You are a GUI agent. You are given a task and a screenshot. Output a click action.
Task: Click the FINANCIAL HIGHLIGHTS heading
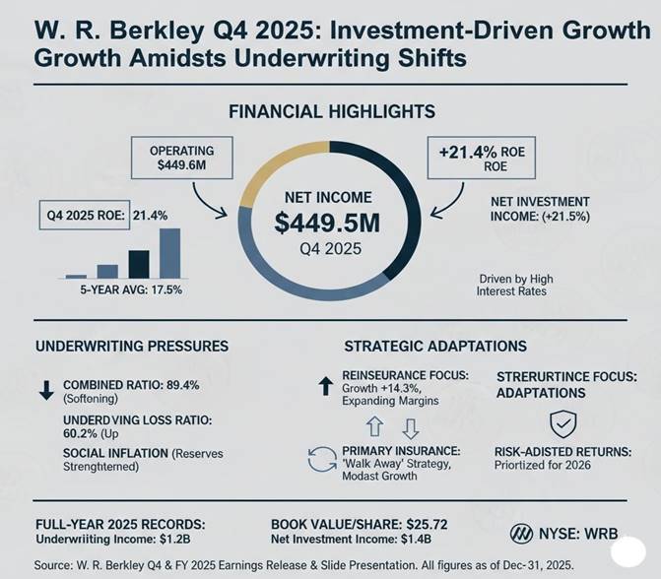pyautogui.click(x=331, y=112)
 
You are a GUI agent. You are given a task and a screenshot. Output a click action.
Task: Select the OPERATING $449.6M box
pyautogui.click(x=181, y=159)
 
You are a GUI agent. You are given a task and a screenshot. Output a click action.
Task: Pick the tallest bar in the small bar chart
pyautogui.click(x=169, y=253)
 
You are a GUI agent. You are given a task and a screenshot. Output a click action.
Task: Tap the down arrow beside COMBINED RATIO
pyautogui.click(x=45, y=389)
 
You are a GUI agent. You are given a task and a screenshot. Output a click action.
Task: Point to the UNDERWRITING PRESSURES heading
pyautogui.click(x=132, y=347)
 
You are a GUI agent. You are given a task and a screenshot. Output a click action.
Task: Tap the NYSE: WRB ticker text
pyautogui.click(x=566, y=534)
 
